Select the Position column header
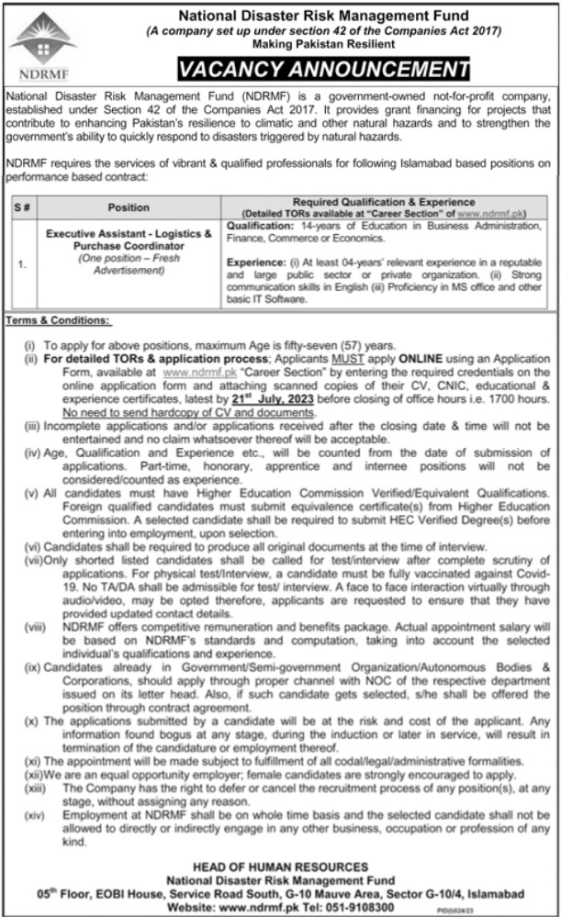129,207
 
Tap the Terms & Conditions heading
57,320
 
